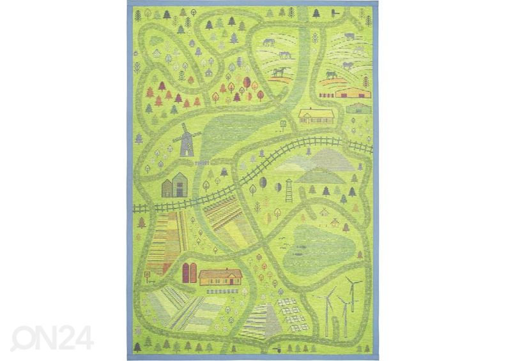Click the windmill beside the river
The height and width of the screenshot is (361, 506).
click(x=186, y=140)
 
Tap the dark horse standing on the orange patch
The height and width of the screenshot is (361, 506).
click(x=279, y=73)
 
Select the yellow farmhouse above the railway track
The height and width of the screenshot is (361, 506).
click(x=316, y=115)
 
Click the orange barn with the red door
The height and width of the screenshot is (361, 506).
click(x=353, y=92)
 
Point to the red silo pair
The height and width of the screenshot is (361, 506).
click(x=190, y=272)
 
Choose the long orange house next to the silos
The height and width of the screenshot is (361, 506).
click(x=220, y=276)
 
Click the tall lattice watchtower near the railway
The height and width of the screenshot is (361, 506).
click(x=288, y=190)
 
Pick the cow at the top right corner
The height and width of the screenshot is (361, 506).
click(x=349, y=36)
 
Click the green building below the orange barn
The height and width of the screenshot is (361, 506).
click(x=358, y=108)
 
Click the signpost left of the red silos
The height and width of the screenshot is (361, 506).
click(x=148, y=276)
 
